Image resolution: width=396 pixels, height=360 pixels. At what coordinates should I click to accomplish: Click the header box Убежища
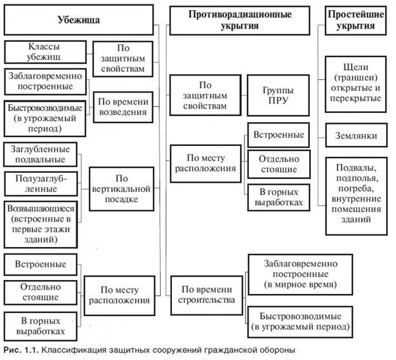pyautogui.click(x=79, y=20)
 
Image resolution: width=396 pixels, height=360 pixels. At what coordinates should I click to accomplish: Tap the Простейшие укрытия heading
pyautogui.click(x=355, y=20)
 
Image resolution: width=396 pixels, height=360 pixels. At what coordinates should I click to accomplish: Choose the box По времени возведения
pyautogui.click(x=123, y=107)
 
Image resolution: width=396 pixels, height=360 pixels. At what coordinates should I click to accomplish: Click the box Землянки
pyautogui.click(x=355, y=136)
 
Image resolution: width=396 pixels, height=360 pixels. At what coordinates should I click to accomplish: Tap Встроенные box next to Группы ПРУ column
pyautogui.click(x=279, y=135)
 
